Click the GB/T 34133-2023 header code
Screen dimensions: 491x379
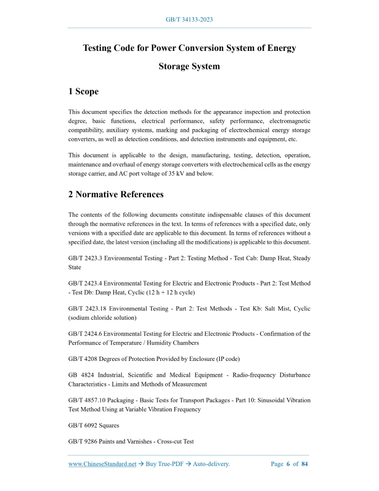tap(189, 20)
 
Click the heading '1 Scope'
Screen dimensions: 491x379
tap(83, 92)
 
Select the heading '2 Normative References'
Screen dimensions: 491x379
tap(116, 194)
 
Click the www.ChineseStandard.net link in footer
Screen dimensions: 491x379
tap(102, 464)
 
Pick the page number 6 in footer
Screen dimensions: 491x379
tap(288, 464)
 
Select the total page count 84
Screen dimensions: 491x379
tap(304, 464)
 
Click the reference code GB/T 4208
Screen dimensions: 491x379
tap(81, 359)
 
